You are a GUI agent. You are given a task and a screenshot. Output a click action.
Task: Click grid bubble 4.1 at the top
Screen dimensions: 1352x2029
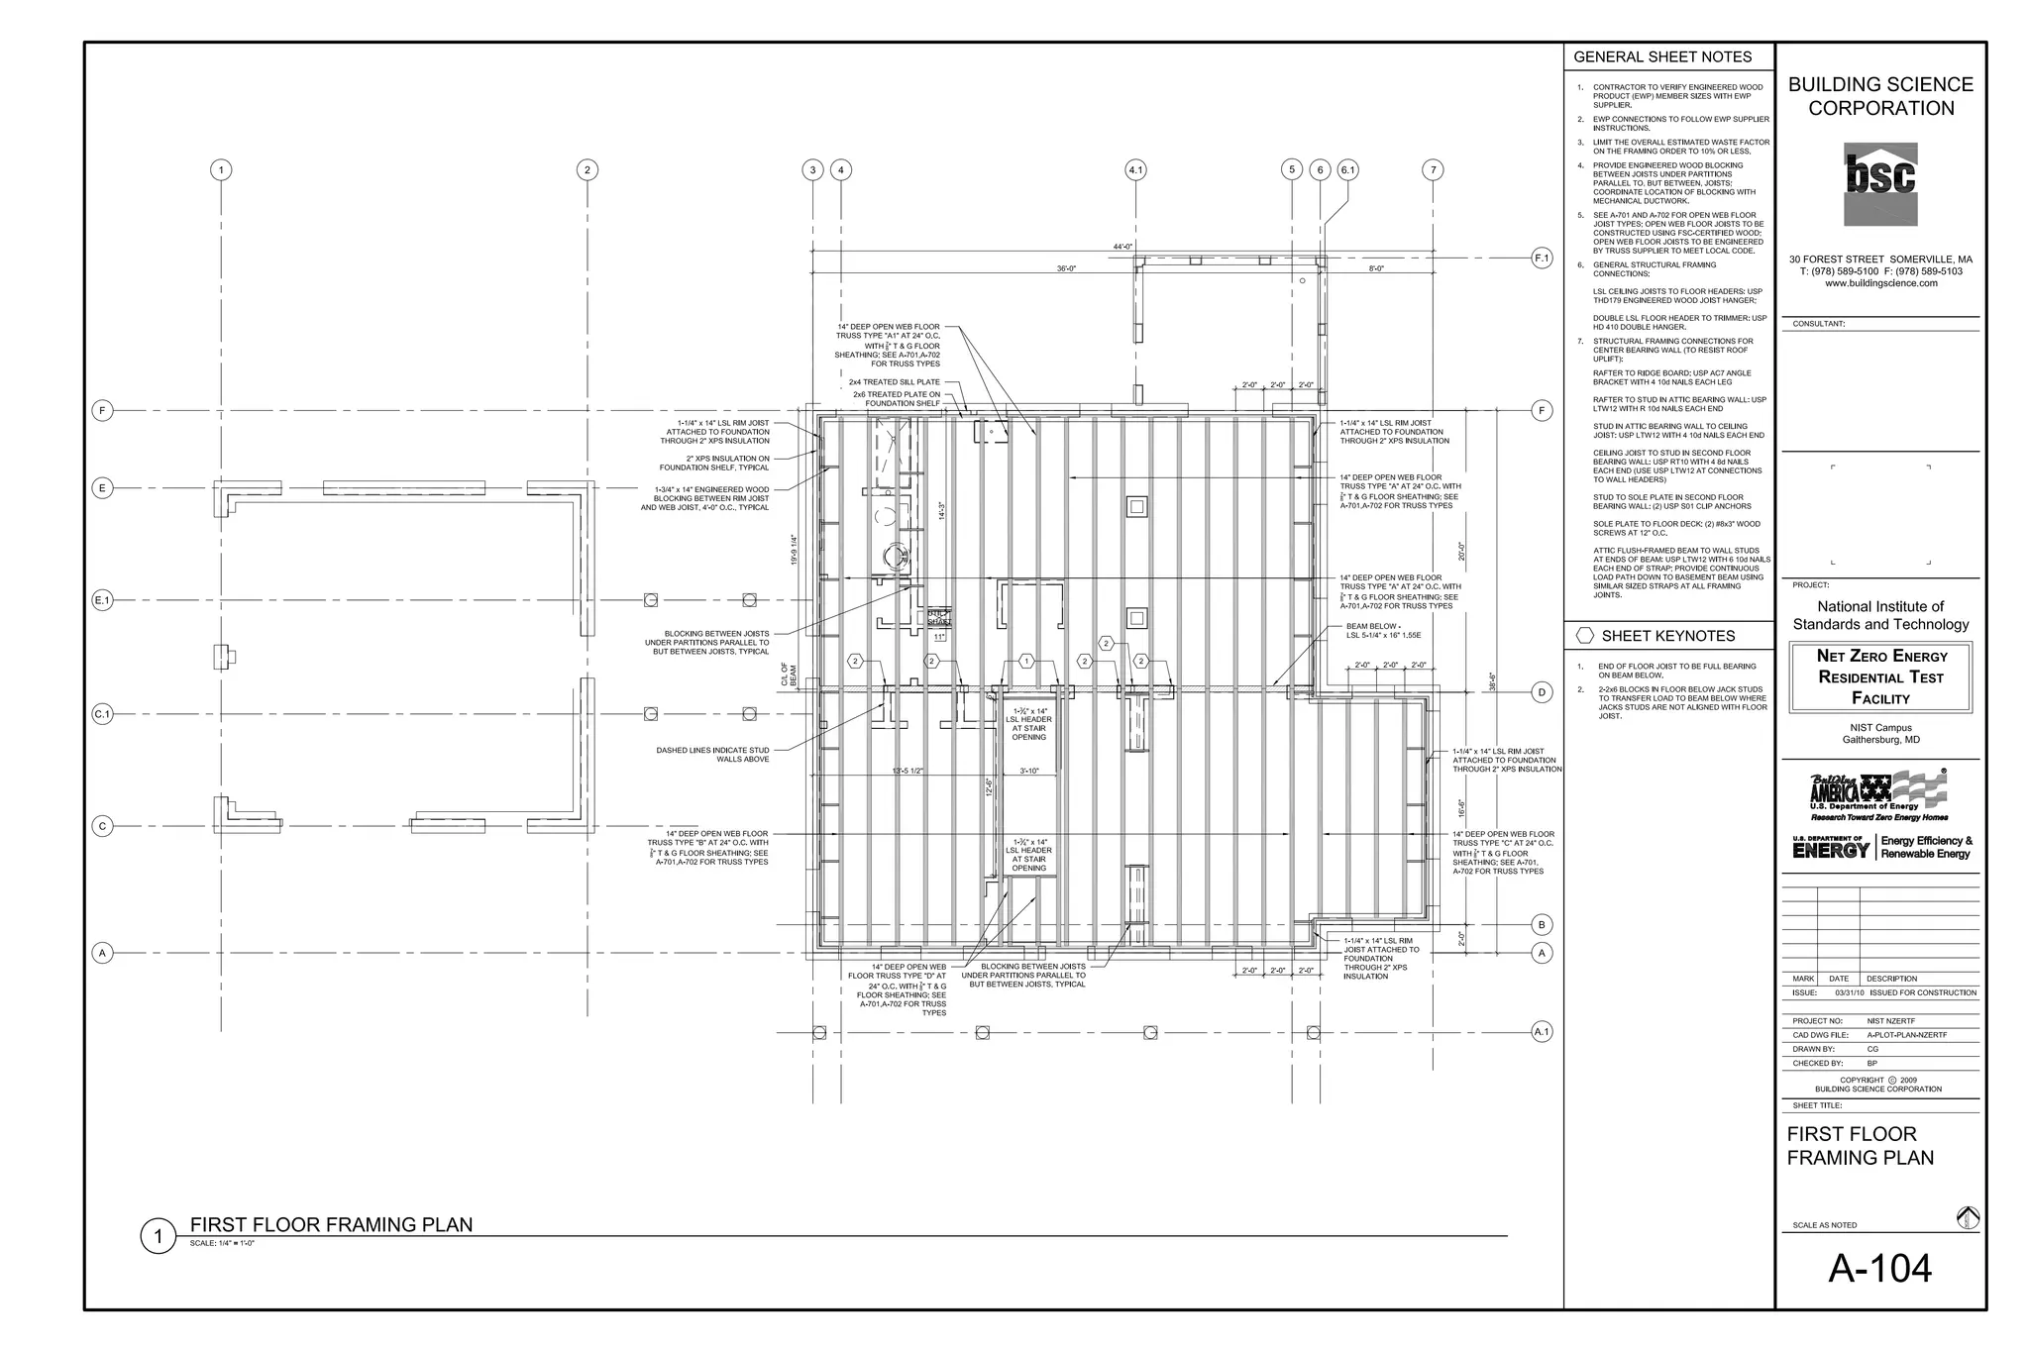click(x=1135, y=170)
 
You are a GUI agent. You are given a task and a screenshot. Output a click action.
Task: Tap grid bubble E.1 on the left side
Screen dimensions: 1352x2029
click(x=103, y=600)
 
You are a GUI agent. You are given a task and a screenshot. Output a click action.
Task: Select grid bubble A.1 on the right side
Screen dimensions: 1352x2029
click(x=1542, y=1032)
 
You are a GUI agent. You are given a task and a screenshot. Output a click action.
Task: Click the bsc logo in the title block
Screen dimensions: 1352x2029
click(x=1880, y=183)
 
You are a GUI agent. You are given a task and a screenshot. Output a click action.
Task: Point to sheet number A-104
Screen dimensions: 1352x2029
click(x=1879, y=1269)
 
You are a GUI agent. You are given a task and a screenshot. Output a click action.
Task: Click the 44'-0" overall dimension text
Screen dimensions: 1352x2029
click(x=1122, y=247)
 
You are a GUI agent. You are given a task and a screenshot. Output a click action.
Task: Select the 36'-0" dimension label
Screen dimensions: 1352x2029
click(x=1066, y=269)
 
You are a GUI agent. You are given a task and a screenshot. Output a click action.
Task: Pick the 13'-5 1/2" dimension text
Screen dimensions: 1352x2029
click(x=908, y=771)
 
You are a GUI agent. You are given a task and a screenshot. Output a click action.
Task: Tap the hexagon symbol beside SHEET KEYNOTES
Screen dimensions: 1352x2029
click(x=1585, y=636)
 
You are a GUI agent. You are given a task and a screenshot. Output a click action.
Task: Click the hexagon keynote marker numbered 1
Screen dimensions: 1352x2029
click(x=1026, y=661)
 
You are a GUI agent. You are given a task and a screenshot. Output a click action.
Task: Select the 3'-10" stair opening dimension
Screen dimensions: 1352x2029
click(x=1029, y=771)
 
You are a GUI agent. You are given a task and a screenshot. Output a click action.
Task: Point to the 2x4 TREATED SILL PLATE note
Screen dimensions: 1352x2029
click(x=894, y=382)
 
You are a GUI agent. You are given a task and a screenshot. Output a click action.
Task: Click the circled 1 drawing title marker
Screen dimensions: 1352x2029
click(x=158, y=1236)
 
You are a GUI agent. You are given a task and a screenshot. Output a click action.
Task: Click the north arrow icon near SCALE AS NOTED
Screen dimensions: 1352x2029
click(x=1968, y=1218)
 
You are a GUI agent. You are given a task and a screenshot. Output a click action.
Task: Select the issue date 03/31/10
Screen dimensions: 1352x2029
click(x=1850, y=992)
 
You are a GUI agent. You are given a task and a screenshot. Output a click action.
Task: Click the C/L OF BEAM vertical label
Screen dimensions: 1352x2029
click(x=789, y=675)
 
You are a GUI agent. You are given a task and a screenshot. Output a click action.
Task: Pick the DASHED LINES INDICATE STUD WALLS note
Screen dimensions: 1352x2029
click(x=712, y=755)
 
